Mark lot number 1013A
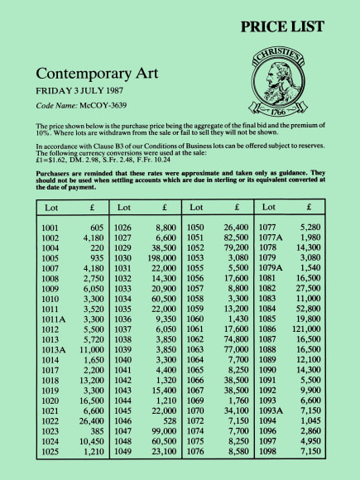pyautogui.click(x=56, y=351)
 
